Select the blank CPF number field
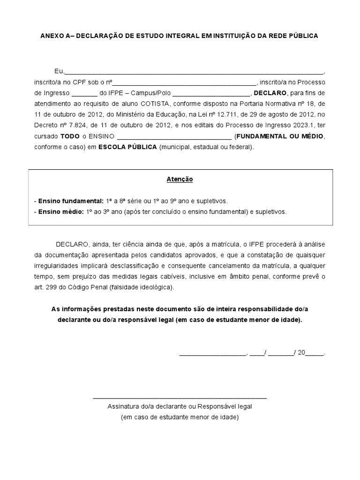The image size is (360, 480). click(184, 82)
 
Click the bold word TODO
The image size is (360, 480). click(70, 136)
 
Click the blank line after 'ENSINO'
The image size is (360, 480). click(173, 137)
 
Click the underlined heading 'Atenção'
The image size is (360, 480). click(180, 179)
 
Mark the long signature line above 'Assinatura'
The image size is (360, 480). click(180, 398)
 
